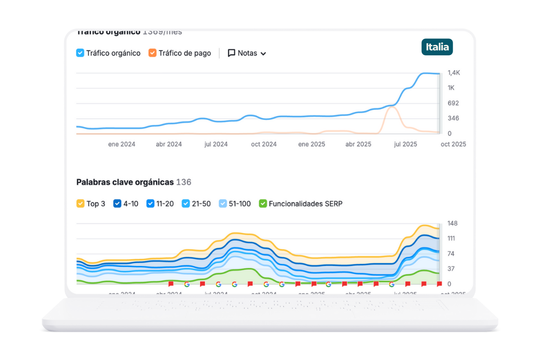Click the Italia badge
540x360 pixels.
[x=437, y=47]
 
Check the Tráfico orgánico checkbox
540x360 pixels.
[x=80, y=53]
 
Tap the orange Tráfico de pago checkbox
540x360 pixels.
[x=153, y=53]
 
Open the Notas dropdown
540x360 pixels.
[x=247, y=53]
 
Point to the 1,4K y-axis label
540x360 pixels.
[x=454, y=73]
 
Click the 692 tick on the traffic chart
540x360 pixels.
[x=453, y=103]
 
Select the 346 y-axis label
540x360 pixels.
[x=453, y=118]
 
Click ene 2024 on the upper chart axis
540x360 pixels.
[x=121, y=144]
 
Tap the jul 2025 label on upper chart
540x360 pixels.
[x=405, y=144]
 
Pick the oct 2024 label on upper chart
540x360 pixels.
[x=264, y=144]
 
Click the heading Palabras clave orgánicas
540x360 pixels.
[x=125, y=182]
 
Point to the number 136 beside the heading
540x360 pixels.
[x=184, y=182]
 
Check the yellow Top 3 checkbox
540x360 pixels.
[x=80, y=204]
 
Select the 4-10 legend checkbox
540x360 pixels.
[x=117, y=204]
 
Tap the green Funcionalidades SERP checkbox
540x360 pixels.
[x=263, y=204]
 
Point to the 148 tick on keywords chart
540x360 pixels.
[x=453, y=224]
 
